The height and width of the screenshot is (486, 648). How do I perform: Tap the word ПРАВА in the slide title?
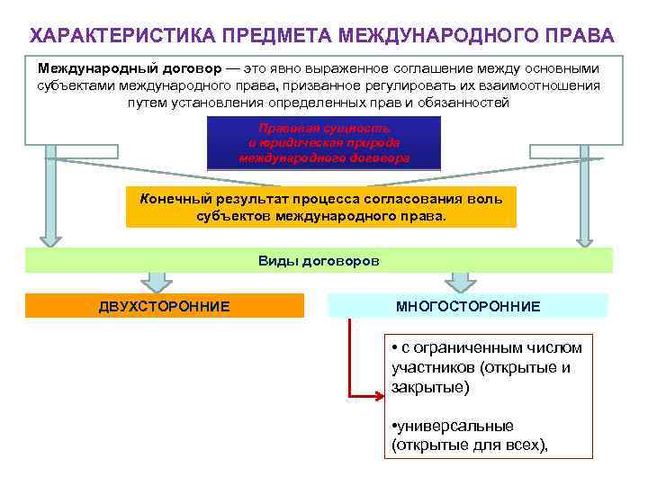pos(582,36)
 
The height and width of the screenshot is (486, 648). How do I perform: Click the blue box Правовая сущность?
pos(324,142)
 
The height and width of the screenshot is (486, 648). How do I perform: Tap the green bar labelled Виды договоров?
pos(319,260)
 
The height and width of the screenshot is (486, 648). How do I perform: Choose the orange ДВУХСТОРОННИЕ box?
pos(164,306)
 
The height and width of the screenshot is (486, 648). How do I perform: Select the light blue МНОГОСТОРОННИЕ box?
pos(468,306)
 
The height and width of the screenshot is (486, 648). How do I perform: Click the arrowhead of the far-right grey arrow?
pos(585,238)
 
